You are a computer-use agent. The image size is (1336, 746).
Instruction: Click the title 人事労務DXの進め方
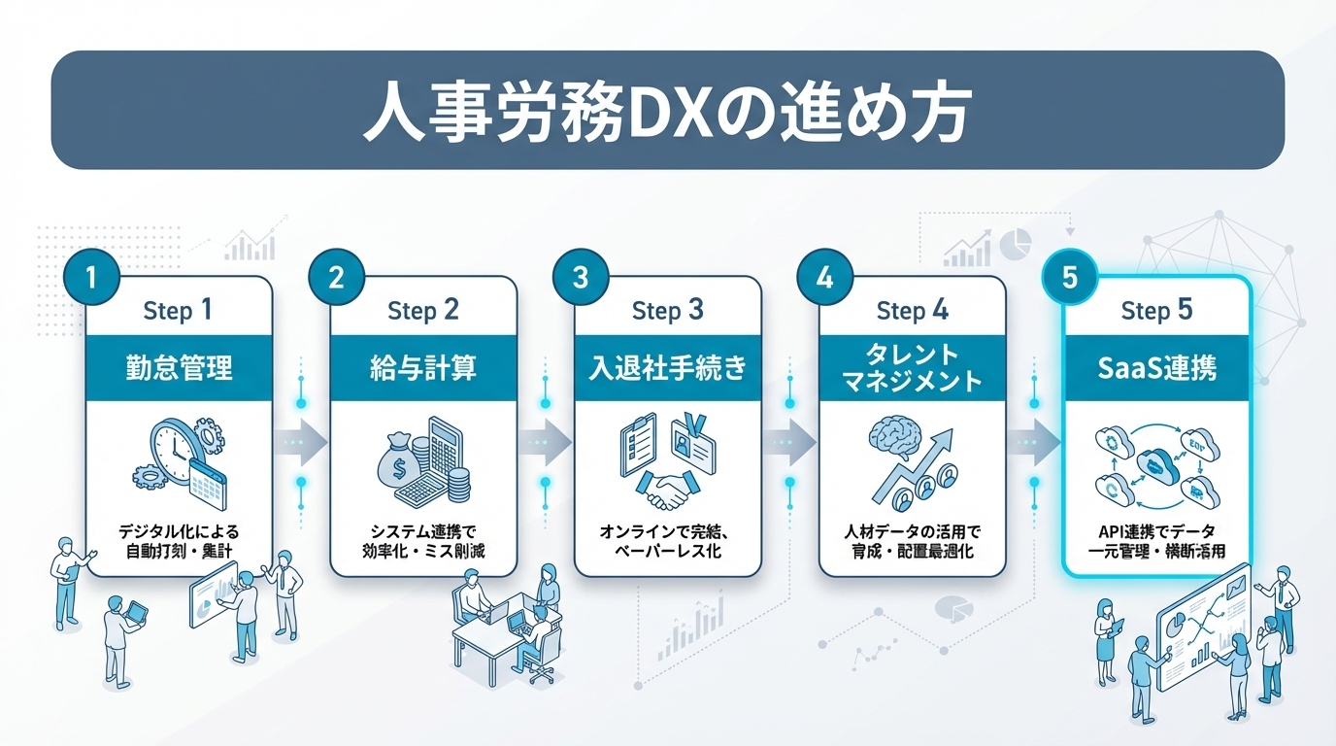pos(667,115)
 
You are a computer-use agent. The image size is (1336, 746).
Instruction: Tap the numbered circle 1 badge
pos(91,278)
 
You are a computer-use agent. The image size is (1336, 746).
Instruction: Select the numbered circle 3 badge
pos(580,278)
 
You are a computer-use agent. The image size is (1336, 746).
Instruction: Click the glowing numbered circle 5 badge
pos(1069,279)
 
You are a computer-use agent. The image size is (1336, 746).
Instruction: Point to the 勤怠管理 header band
pos(180,368)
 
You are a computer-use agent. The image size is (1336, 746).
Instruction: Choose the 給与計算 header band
pos(423,368)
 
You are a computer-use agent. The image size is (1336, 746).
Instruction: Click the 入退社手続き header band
pos(668,368)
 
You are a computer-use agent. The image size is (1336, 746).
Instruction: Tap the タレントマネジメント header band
pos(912,368)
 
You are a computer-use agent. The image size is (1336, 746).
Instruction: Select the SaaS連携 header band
pos(1155,368)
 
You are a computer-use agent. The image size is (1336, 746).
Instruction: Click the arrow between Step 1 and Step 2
pos(302,442)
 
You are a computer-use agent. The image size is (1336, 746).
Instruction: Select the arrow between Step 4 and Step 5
pos(1034,442)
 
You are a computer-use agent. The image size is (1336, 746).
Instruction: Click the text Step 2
pos(423,311)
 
